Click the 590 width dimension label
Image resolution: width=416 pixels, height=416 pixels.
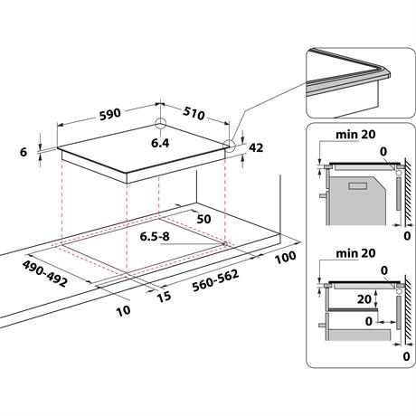pos(110,115)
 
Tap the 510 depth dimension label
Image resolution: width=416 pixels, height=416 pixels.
pos(194,113)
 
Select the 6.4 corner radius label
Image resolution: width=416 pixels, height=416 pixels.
pos(160,143)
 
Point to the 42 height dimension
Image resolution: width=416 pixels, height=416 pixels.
pos(256,147)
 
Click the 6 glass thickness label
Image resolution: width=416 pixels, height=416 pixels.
pos(24,152)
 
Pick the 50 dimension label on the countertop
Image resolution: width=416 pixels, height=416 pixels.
pos(203,219)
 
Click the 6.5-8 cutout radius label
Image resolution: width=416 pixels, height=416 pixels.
pos(155,237)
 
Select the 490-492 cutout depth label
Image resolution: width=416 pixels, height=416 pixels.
pos(44,274)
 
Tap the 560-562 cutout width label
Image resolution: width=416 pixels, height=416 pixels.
pos(215,280)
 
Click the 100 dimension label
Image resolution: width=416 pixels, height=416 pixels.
pos(285,258)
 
